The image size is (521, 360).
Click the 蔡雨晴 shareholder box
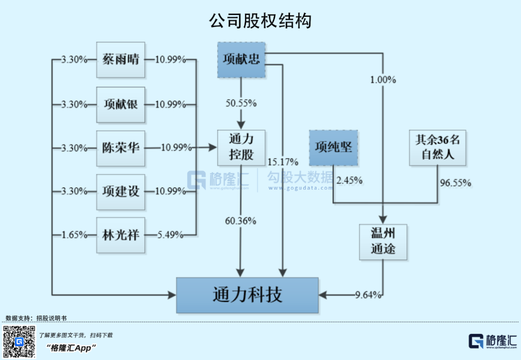pyautogui.click(x=121, y=60)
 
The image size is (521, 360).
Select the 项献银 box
pyautogui.click(x=121, y=104)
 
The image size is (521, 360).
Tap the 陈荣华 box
pyautogui.click(x=121, y=148)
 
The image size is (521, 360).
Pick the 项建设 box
pyautogui.click(x=121, y=192)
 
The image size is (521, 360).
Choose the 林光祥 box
pyautogui.click(x=121, y=235)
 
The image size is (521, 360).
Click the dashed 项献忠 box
pyautogui.click(x=242, y=60)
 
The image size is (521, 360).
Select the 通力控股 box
pyautogui.click(x=241, y=148)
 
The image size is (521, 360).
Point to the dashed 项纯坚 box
pyautogui.click(x=333, y=147)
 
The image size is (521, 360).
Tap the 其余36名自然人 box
pyautogui.click(x=438, y=147)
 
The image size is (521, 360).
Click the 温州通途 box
pyautogui.click(x=383, y=242)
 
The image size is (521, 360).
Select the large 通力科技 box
pyautogui.click(x=247, y=295)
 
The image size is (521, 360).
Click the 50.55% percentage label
pyautogui.click(x=241, y=103)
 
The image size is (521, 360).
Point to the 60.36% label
pyautogui.click(x=241, y=221)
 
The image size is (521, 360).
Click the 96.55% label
pyautogui.click(x=455, y=183)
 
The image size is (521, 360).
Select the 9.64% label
pyautogui.click(x=369, y=295)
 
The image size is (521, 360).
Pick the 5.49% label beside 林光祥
pyautogui.click(x=170, y=235)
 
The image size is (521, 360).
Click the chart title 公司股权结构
pyautogui.click(x=260, y=21)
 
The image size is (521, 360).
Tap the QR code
pyautogui.click(x=19, y=342)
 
